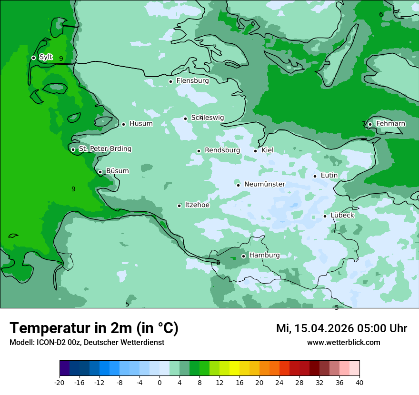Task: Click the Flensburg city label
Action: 192,81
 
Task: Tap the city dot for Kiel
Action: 255,151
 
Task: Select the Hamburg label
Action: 264,256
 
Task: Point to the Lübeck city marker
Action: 325,216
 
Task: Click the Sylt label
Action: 46,57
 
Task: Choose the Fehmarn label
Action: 390,124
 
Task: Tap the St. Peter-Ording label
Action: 105,149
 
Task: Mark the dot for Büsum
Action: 100,172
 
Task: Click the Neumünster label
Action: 264,184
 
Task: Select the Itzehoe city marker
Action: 179,206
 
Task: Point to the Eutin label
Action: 329,176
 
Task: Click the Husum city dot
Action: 123,124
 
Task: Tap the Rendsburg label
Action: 222,150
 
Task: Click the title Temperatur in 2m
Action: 94,328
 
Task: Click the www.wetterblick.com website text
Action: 343,343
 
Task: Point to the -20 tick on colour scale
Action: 60,383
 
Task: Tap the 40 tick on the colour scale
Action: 359,383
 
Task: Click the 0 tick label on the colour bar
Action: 160,383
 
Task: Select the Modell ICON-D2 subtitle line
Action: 87,343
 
